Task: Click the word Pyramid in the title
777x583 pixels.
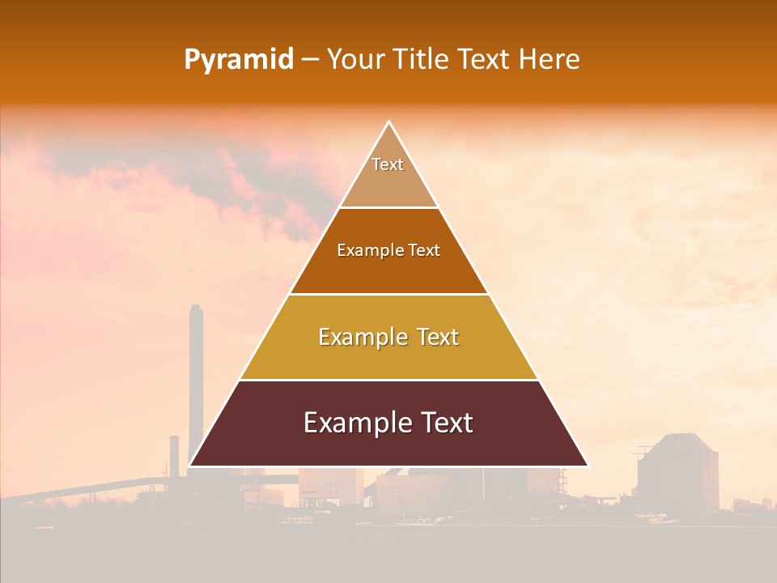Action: point(238,60)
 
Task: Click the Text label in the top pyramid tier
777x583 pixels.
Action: point(388,164)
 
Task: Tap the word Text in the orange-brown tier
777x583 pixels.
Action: point(424,251)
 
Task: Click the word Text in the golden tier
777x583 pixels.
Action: point(438,337)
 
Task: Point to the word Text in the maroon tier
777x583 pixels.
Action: point(445,423)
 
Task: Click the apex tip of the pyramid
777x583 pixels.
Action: point(388,122)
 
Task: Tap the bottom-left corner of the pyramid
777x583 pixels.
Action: point(190,466)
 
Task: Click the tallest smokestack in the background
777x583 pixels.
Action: point(195,381)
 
